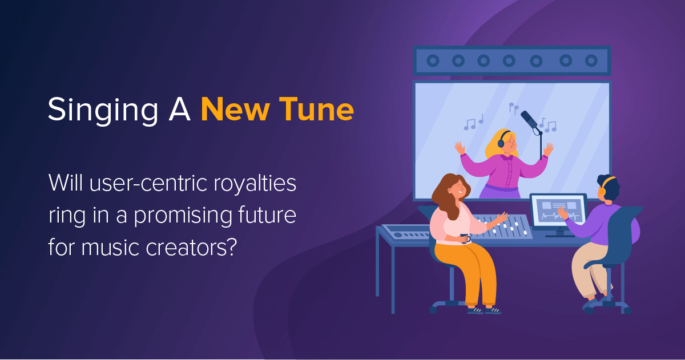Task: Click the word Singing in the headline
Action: tap(103, 111)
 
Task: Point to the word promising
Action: tap(183, 216)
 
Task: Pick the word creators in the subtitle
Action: tap(187, 248)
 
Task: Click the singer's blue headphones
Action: tap(502, 139)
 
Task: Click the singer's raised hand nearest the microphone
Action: tap(548, 149)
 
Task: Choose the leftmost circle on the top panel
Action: tap(433, 60)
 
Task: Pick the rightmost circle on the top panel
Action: tap(591, 60)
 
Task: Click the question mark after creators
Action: tap(233, 247)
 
